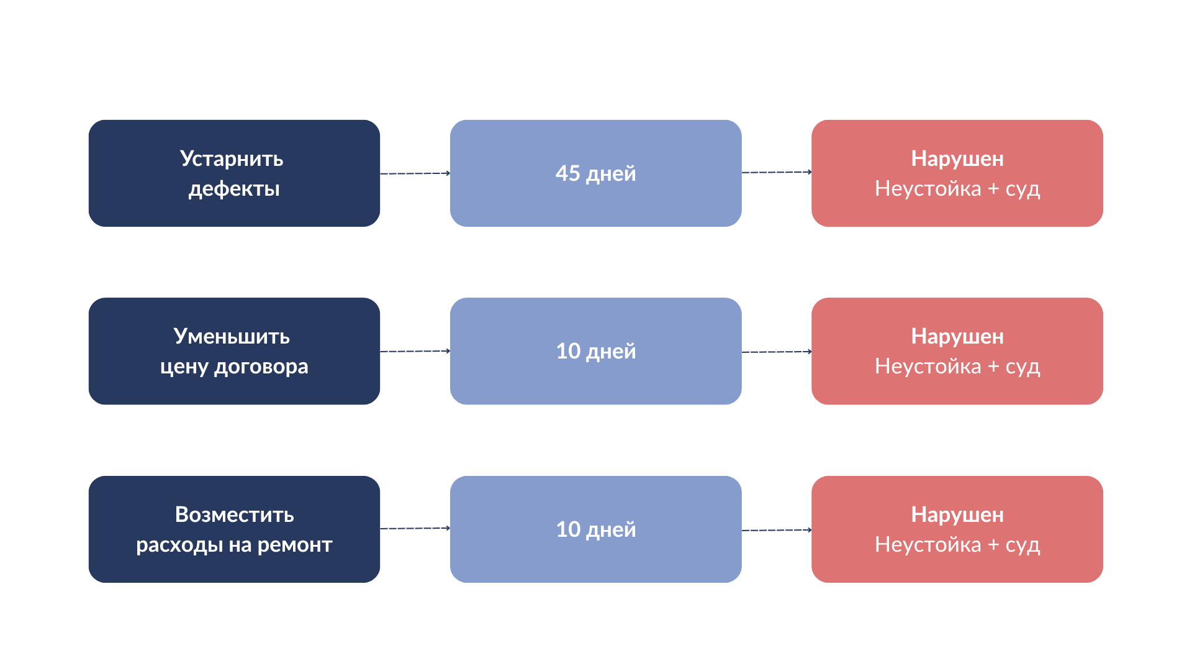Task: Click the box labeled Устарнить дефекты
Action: (234, 173)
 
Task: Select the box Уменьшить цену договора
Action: (234, 351)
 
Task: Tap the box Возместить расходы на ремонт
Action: (234, 529)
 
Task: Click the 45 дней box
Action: (596, 173)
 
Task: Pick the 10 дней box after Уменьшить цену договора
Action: (596, 351)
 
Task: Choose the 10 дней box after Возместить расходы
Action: (596, 529)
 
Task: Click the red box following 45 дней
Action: (957, 173)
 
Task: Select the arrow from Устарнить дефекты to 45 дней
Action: (415, 173)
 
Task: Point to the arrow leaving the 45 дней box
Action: (777, 172)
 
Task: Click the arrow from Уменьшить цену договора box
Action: (415, 351)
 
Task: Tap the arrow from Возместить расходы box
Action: (415, 528)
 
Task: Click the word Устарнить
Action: (232, 159)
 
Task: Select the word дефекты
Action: (234, 189)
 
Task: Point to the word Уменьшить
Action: (232, 336)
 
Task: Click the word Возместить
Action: (235, 514)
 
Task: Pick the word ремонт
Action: (295, 545)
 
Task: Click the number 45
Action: (567, 173)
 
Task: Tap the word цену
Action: (184, 367)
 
